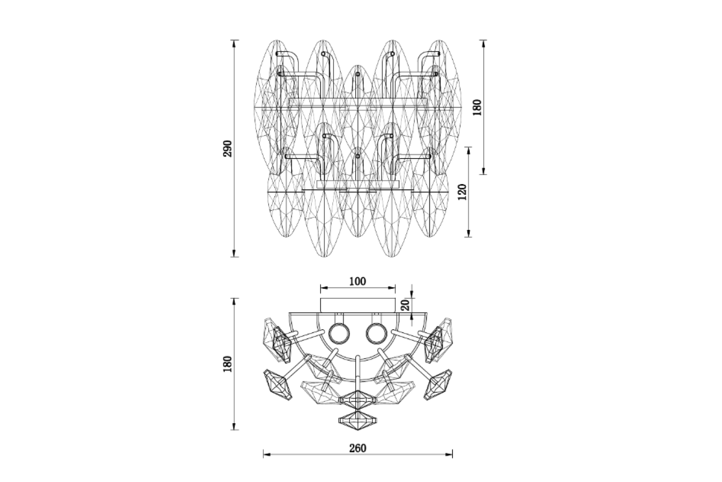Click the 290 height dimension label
click(x=228, y=148)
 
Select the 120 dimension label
click(x=463, y=192)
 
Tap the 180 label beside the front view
click(x=477, y=107)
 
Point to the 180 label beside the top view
click(x=228, y=364)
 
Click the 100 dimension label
click(x=358, y=281)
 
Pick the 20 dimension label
click(x=405, y=305)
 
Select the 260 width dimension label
click(x=358, y=448)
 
